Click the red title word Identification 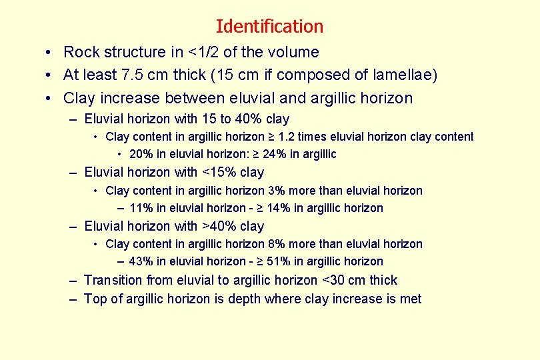click(x=269, y=27)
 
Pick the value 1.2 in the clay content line click(x=291, y=137)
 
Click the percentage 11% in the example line click(x=141, y=208)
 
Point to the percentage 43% click(x=141, y=261)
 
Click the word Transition click(x=113, y=280)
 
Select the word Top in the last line click(x=95, y=299)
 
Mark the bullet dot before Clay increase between click(x=49, y=99)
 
